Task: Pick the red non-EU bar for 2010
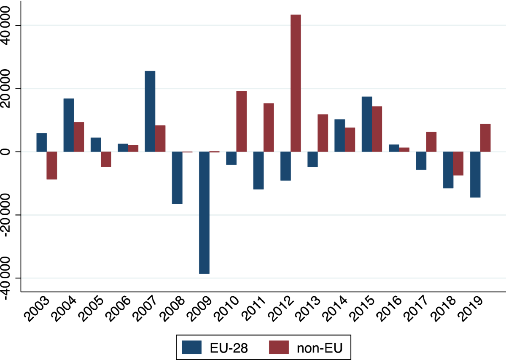(241, 121)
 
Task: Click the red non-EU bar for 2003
(52, 165)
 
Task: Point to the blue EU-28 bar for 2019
(475, 174)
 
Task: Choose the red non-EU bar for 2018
(458, 163)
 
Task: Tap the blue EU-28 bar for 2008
(177, 178)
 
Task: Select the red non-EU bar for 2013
(323, 133)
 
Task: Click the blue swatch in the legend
(194, 347)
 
